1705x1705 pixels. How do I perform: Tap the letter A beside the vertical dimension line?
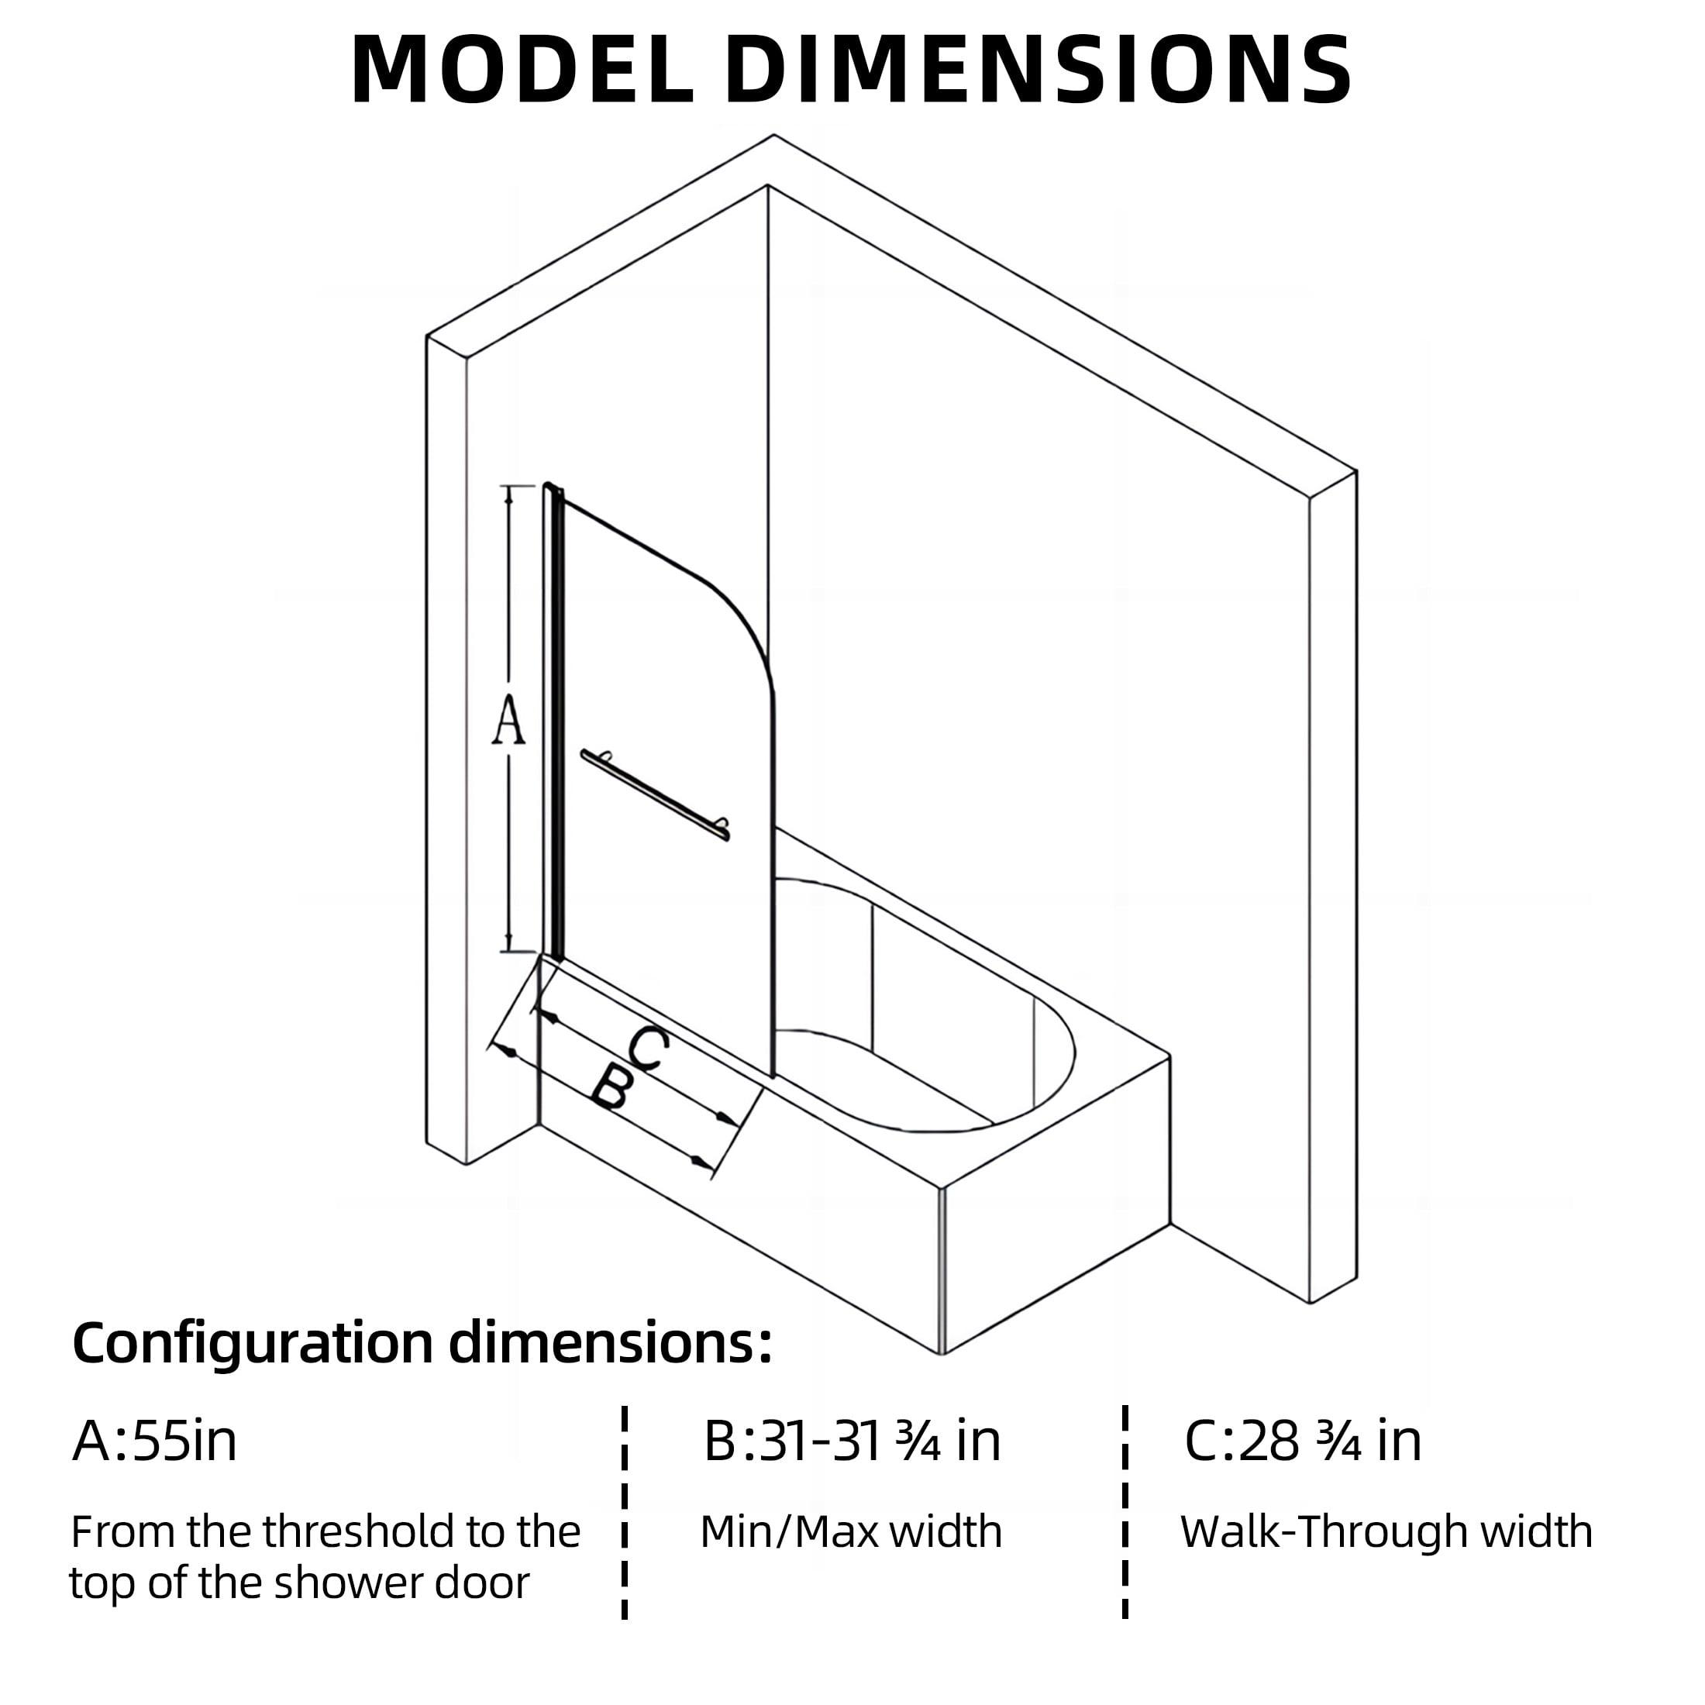(508, 719)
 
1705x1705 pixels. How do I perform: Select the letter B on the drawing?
(611, 1087)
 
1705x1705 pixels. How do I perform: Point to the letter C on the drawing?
(649, 1049)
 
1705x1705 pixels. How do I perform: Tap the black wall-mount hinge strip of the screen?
(553, 719)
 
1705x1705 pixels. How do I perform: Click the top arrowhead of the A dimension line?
(508, 494)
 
